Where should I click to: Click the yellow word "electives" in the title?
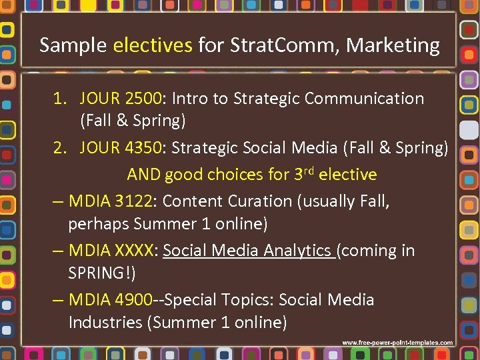point(153,45)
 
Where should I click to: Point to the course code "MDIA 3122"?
point(111,201)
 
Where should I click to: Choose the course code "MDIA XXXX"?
point(111,251)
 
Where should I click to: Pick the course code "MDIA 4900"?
point(111,300)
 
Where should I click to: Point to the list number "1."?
point(61,99)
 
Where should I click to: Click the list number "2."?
point(61,148)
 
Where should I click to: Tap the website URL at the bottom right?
point(397,343)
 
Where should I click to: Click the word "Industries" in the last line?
point(107,323)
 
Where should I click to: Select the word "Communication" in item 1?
point(364,99)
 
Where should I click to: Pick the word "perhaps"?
point(98,223)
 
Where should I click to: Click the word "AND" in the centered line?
point(143,175)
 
